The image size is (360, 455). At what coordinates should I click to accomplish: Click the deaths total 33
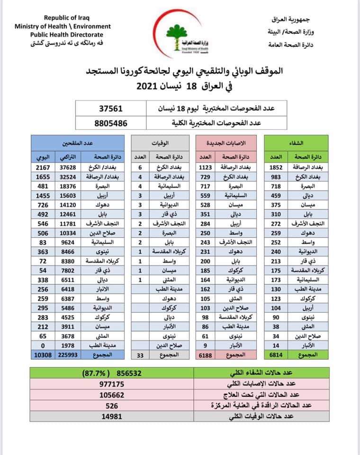pyautogui.click(x=140, y=355)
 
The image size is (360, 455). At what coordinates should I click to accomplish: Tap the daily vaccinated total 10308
pyautogui.click(x=41, y=355)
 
